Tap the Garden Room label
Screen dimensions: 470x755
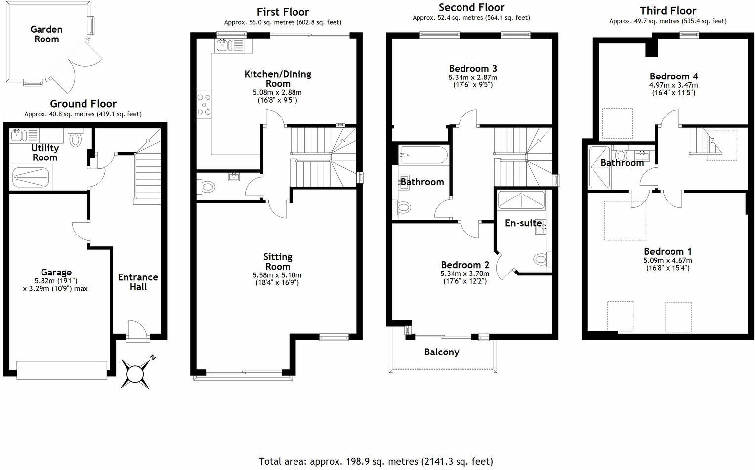[46, 34]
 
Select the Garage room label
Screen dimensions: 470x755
[56, 272]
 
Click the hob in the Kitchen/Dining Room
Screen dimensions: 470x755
[203, 104]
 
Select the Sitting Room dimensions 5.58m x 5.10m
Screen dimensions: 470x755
[277, 275]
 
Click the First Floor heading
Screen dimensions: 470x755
[283, 12]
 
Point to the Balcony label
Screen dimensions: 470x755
[442, 352]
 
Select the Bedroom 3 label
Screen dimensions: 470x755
[473, 68]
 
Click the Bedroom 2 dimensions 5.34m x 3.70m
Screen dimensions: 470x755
[465, 274]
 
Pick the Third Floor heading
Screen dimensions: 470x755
[668, 11]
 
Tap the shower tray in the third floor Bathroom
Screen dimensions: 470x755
[600, 168]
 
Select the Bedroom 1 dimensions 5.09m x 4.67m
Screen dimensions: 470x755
[667, 260]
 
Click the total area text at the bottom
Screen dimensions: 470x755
[376, 461]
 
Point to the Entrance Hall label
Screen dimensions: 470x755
[138, 282]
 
